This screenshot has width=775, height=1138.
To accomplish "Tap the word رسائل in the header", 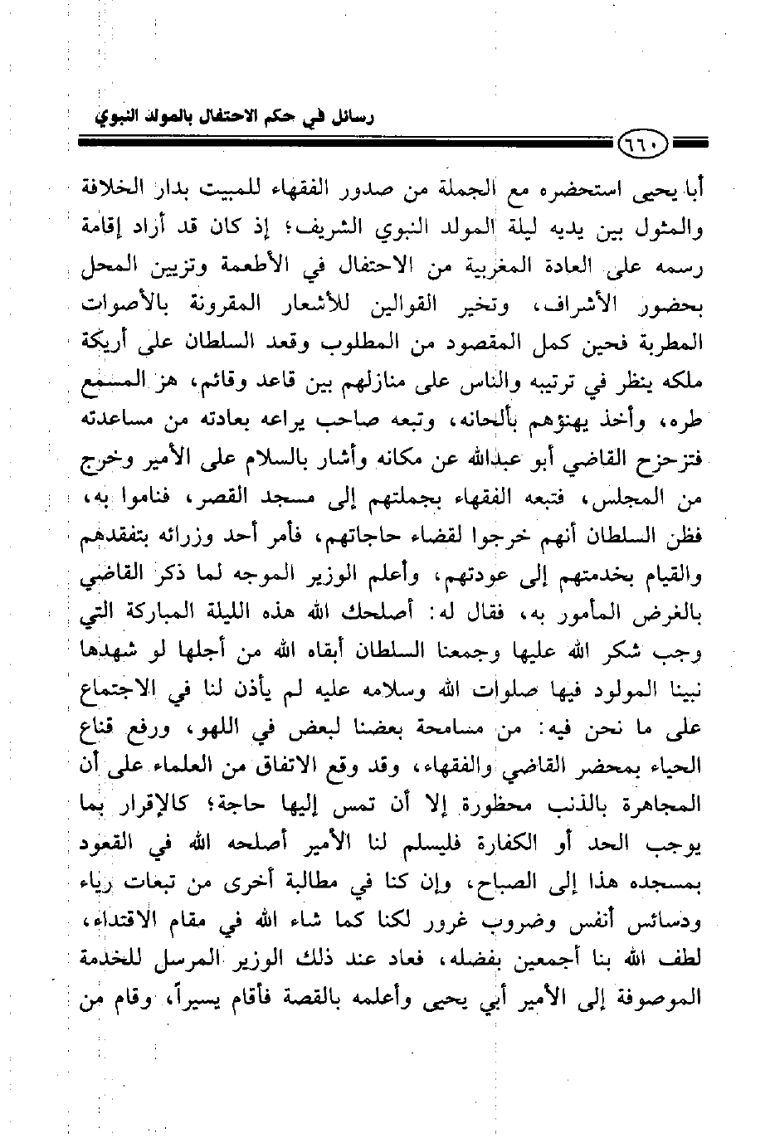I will click(349, 115).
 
